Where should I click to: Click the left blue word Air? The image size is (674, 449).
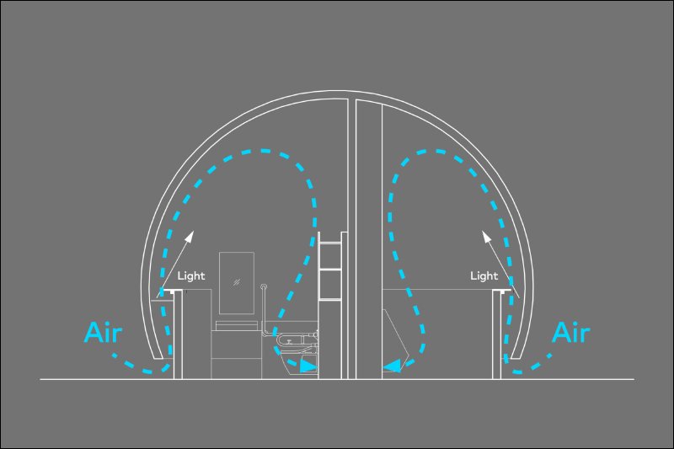(x=103, y=333)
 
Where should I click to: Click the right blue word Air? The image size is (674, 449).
(x=571, y=333)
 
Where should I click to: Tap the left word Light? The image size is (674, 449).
(x=191, y=275)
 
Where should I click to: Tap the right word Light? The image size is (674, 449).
(x=484, y=275)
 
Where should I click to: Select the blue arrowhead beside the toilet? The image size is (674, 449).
(x=308, y=366)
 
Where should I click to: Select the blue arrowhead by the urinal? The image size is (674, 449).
(x=393, y=366)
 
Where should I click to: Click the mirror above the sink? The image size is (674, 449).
(x=237, y=283)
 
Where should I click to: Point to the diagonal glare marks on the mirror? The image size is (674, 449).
(x=237, y=283)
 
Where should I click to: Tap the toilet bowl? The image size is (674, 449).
(x=292, y=360)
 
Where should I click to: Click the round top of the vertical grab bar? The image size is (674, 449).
(x=264, y=287)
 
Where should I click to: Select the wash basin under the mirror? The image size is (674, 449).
(x=237, y=325)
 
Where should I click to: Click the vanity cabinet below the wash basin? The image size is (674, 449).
(x=236, y=355)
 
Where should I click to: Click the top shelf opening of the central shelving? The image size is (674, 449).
(x=330, y=256)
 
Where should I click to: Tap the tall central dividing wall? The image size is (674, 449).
(x=351, y=239)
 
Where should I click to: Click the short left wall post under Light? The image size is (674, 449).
(x=178, y=334)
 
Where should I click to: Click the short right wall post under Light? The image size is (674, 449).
(x=497, y=334)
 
